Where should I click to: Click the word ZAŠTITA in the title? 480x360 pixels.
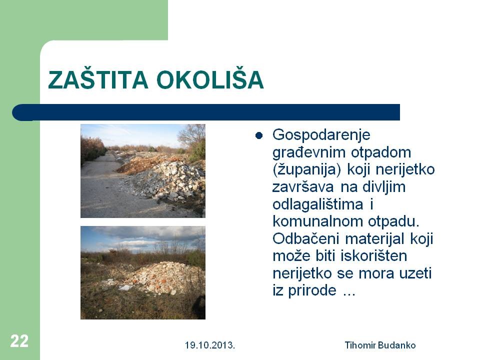98,79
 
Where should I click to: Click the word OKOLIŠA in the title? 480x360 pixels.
210,79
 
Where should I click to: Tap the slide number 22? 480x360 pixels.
19,341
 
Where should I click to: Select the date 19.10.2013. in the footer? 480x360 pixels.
210,345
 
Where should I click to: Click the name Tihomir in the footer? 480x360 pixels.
360,345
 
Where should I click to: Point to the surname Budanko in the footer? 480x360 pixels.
396,345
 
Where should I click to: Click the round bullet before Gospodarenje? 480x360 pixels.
259,135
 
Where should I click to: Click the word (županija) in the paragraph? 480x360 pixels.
306,170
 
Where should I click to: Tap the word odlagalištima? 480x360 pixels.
318,204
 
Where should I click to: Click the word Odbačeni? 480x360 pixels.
305,239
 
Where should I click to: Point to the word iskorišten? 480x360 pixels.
374,256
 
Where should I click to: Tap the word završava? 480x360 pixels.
303,187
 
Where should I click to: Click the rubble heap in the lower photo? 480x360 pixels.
159,277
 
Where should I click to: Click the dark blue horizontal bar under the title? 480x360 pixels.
206,112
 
